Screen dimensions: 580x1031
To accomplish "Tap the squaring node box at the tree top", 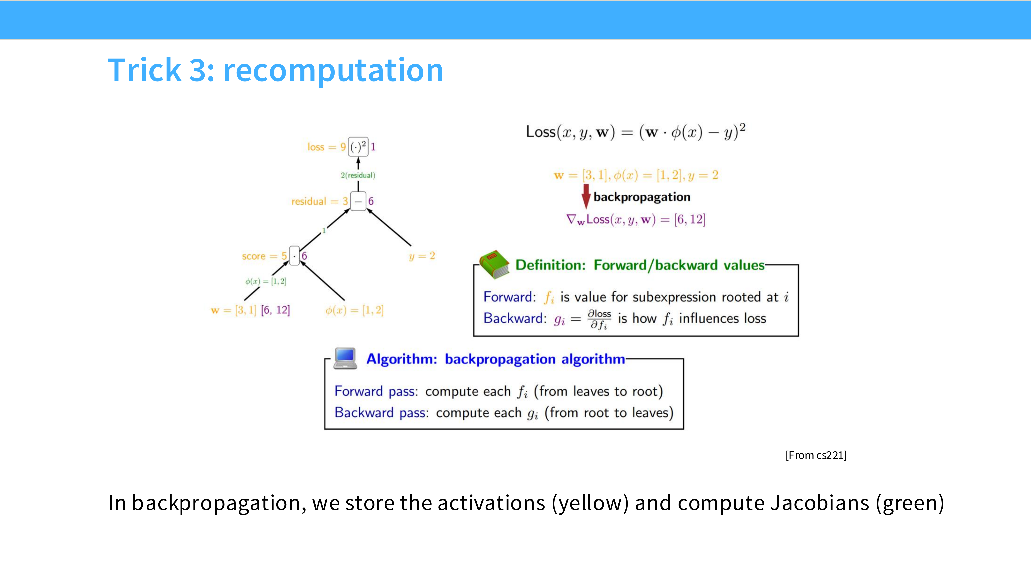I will [358, 146].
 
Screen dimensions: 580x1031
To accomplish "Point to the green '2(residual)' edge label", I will [358, 175].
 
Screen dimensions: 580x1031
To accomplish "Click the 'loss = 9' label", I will [326, 147].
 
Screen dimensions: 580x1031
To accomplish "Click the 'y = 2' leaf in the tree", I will [422, 256].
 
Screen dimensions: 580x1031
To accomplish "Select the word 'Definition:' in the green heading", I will [550, 265].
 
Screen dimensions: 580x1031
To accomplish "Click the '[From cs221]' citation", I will [816, 455].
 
